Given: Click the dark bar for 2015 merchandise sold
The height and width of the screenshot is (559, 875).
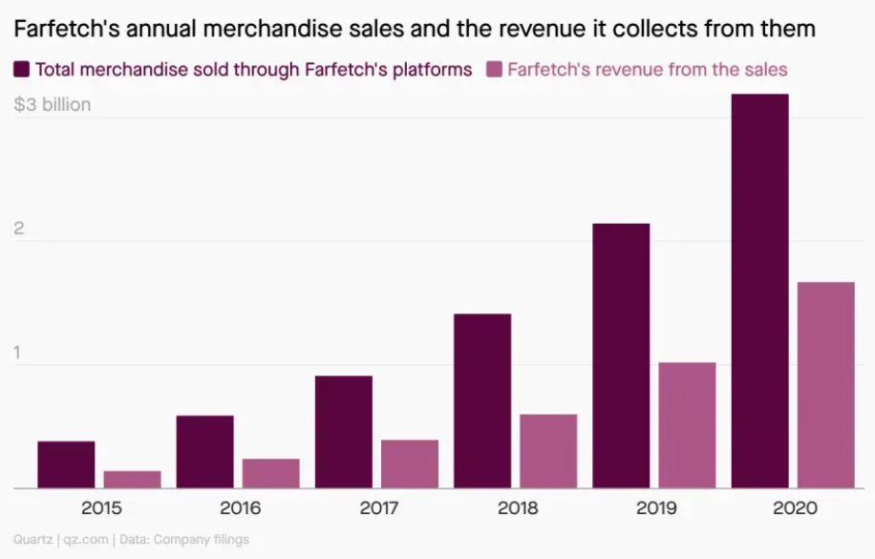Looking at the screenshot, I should (x=66, y=464).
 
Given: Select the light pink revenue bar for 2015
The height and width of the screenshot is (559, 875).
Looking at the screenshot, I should (x=133, y=479).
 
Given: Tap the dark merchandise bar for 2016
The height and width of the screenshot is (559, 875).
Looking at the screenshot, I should (x=204, y=451).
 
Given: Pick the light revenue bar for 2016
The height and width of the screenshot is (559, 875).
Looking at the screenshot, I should (x=271, y=473).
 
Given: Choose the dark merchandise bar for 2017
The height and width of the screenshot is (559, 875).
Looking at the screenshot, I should (x=343, y=432).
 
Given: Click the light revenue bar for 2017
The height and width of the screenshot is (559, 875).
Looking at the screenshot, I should (x=410, y=463).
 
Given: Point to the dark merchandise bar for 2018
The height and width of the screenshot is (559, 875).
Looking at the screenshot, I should (x=482, y=400).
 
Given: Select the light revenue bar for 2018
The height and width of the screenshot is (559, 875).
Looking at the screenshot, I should (x=548, y=451).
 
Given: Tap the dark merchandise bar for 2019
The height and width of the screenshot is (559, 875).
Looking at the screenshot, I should (x=621, y=355).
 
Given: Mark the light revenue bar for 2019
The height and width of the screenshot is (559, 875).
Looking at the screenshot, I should (x=688, y=425).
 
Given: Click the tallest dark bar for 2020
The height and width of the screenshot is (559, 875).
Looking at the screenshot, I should (x=759, y=291).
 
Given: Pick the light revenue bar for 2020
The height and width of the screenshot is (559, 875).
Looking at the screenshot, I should (x=826, y=385).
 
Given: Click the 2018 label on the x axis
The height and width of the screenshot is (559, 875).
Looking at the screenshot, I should (x=517, y=508).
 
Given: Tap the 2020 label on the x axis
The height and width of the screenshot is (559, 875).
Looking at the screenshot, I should (x=794, y=508).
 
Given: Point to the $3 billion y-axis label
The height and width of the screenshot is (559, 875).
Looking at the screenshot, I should (x=53, y=104).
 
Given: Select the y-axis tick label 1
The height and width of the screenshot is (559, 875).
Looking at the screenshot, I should (x=18, y=353).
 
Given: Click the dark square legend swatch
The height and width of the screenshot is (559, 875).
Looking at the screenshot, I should (x=21, y=69).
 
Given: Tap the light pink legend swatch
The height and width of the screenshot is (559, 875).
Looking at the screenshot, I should (x=494, y=69).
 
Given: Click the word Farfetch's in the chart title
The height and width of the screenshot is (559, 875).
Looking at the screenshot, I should (x=58, y=30).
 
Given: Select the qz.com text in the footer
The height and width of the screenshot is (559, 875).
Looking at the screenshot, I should (x=85, y=540).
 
